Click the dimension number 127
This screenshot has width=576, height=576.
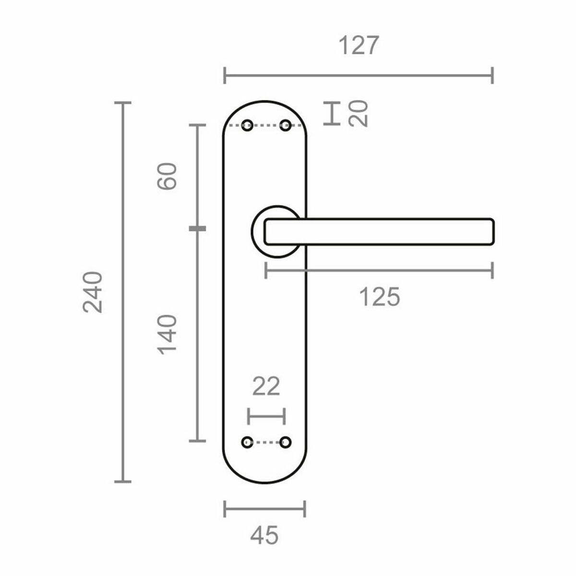(359, 46)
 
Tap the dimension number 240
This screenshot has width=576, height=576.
(93, 292)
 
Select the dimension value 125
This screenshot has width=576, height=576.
(379, 298)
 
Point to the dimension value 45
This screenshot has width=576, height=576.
(264, 535)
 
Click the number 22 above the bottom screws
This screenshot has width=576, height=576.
(266, 387)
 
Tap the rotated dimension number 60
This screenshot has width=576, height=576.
(168, 176)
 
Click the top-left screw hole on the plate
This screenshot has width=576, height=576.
(247, 126)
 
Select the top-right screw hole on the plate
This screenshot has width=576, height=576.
(286, 126)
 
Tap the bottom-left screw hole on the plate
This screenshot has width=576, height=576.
(247, 442)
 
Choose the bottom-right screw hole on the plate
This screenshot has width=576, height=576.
(286, 442)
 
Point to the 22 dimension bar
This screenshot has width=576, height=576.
(266, 416)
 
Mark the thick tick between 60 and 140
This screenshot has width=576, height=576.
(197, 228)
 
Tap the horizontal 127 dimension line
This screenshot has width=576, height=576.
(359, 75)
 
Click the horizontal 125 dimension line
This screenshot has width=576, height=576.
(379, 270)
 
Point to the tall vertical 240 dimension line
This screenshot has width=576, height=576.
(123, 292)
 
